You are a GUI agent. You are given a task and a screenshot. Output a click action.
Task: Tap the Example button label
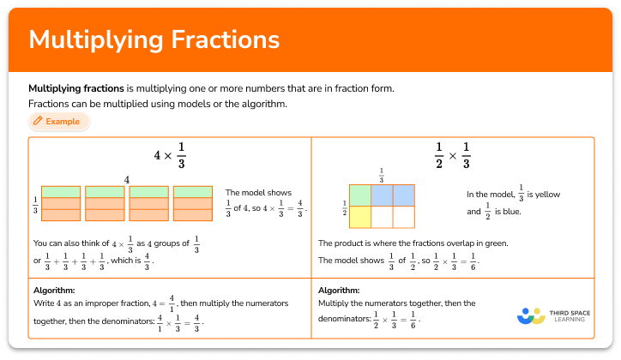point(63,122)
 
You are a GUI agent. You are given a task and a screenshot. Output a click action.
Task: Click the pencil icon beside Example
point(37,122)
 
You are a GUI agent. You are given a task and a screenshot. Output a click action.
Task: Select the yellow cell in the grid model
point(360,217)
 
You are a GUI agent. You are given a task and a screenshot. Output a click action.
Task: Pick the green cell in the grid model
point(360,195)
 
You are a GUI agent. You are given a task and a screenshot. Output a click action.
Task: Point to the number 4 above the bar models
point(127,180)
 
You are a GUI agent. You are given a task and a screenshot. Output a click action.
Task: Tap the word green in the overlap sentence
point(494,243)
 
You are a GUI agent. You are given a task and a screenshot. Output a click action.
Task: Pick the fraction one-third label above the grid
point(381,174)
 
